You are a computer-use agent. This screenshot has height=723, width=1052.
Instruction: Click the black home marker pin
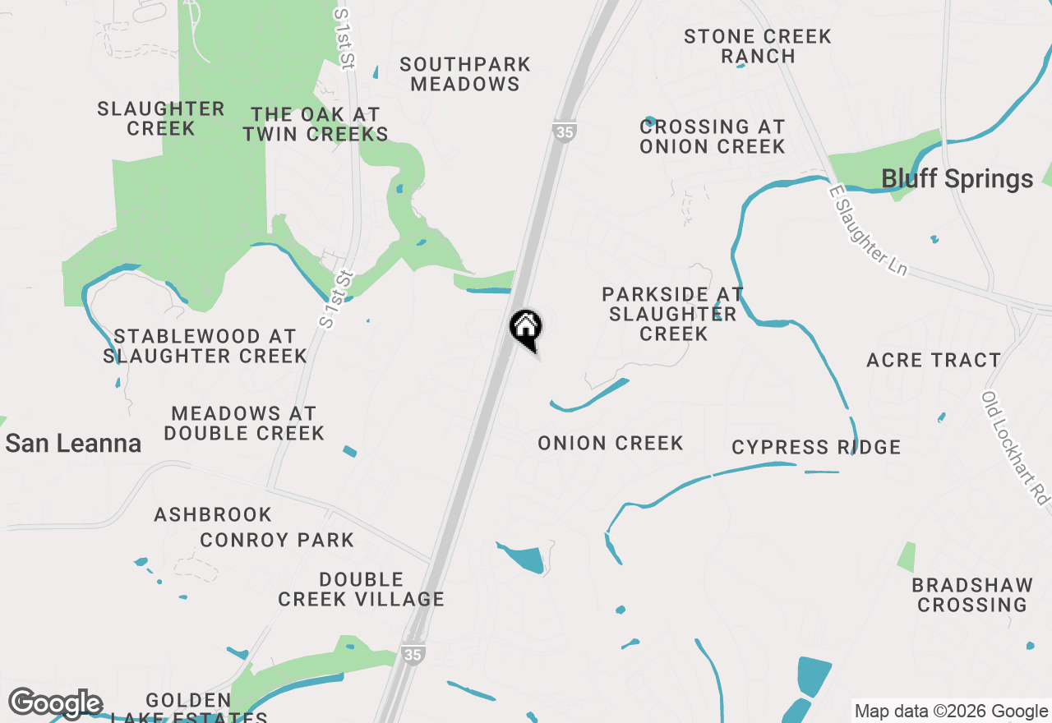point(526,328)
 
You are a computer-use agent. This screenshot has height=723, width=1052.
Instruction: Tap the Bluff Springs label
point(957,179)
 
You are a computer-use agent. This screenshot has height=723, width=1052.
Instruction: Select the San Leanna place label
point(73,444)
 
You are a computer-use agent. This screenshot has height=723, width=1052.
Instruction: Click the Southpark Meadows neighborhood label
point(465,74)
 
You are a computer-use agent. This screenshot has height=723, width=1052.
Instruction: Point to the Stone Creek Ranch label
point(757,46)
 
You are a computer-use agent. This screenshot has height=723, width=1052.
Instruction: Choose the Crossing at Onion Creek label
point(713,136)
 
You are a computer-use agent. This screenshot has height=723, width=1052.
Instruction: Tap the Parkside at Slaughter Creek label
point(673,314)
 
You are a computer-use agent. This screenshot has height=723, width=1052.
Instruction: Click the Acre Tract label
point(934,360)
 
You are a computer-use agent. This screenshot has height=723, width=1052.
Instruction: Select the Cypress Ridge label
point(816,447)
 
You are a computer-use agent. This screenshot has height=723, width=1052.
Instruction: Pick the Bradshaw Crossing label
point(972,595)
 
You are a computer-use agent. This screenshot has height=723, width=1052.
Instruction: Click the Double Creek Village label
point(361,589)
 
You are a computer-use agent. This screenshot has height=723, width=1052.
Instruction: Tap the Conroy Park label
point(277,540)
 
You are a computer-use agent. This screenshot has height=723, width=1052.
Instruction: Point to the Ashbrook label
point(213,514)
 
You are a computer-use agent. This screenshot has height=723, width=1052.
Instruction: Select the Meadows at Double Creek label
point(244,422)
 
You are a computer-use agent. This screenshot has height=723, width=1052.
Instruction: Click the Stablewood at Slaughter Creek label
point(205,346)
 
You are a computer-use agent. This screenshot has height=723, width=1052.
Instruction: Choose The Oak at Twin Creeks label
point(316,124)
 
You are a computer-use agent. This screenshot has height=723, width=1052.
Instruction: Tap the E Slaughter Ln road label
point(870,231)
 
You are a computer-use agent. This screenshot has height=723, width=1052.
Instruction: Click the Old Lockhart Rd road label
point(1017,448)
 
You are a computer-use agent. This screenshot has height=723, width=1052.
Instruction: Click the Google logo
point(55,704)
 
